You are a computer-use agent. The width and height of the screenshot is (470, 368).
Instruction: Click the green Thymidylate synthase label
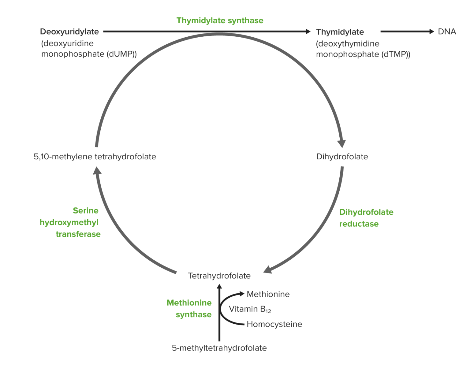tap(220, 20)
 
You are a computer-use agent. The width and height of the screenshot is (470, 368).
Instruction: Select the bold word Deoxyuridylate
tap(69, 32)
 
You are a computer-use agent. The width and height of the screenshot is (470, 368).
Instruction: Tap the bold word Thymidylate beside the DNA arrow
tap(340, 32)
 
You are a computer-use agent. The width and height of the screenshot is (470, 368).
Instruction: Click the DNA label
tap(447, 32)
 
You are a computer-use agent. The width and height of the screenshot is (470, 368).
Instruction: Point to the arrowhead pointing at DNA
tap(431, 32)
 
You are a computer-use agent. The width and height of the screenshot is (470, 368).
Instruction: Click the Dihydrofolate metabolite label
tap(342, 157)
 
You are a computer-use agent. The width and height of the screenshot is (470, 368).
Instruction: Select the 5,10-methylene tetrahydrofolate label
tap(95, 157)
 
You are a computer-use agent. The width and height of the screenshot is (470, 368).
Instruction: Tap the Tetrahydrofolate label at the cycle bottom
tap(219, 276)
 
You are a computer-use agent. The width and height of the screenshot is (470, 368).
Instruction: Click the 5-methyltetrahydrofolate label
tap(219, 348)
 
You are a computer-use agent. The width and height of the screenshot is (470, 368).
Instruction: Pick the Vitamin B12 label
tap(250, 309)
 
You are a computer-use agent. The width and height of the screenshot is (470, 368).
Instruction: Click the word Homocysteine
tap(274, 324)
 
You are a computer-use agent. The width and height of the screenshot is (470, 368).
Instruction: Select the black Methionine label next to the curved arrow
tap(268, 294)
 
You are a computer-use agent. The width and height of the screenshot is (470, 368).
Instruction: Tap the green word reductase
tap(359, 224)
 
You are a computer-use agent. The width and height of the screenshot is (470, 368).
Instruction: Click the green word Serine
tap(86, 210)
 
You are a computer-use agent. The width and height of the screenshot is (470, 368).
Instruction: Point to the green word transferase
tap(78, 234)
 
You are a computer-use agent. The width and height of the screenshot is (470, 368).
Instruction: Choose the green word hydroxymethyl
tap(69, 222)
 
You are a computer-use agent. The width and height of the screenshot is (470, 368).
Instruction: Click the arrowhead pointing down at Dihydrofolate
tap(341, 143)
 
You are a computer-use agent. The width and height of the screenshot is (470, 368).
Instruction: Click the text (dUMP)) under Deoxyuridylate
tap(121, 54)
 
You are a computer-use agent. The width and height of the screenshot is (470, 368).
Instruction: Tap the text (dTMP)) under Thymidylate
tap(396, 54)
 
